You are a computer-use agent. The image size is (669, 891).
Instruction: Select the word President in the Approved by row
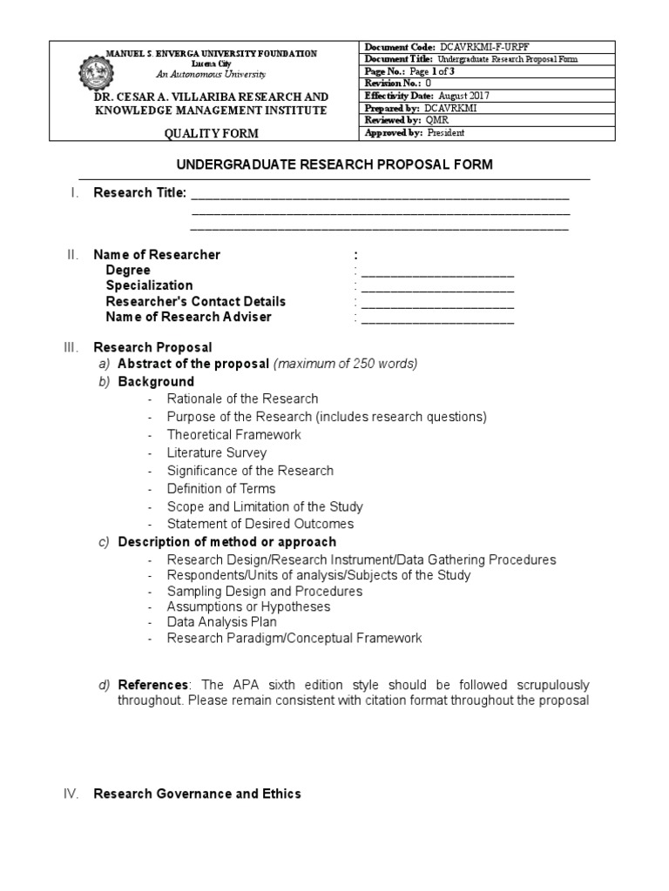(445, 132)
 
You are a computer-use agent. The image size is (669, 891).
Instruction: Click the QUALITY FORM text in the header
(212, 133)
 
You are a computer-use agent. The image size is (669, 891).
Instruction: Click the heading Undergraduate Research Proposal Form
(334, 164)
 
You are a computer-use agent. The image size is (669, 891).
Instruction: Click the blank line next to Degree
(437, 273)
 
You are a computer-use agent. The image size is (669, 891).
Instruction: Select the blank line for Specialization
(437, 289)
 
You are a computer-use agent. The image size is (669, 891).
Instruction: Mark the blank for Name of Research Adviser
(437, 320)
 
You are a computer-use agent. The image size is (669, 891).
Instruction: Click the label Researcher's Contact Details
(196, 302)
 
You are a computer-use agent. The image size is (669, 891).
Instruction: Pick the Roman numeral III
(71, 347)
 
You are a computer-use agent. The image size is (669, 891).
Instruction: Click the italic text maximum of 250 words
(346, 364)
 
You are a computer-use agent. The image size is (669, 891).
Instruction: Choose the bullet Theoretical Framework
(233, 435)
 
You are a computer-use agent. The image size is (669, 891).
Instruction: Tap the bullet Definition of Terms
(221, 489)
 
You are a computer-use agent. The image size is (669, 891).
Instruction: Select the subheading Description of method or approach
(227, 542)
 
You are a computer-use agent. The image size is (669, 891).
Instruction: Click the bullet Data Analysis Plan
(222, 623)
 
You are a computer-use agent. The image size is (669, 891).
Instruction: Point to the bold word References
(152, 686)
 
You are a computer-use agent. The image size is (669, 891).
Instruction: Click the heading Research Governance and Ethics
(198, 794)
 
